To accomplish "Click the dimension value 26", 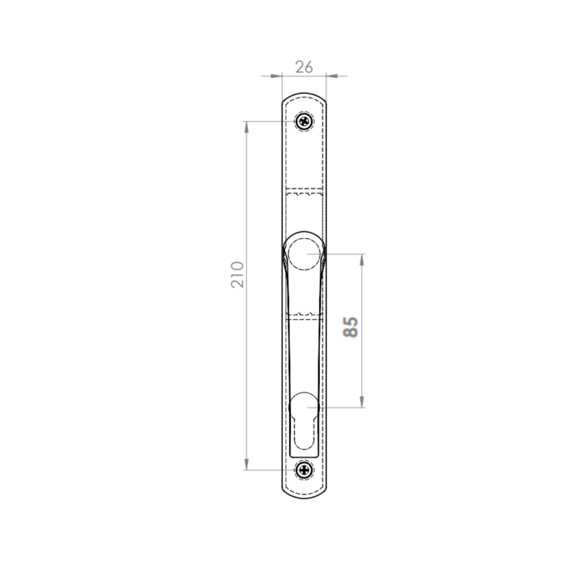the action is click(304, 67).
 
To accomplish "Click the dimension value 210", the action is click(237, 275).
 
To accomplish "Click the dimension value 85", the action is click(351, 327).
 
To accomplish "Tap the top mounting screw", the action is click(304, 121).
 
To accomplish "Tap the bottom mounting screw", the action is click(304, 470).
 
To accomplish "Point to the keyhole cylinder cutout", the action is click(304, 421).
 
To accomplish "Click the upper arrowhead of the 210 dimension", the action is click(247, 127).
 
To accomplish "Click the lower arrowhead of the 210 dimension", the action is click(247, 465).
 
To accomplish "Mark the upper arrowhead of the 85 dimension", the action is click(362, 260).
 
